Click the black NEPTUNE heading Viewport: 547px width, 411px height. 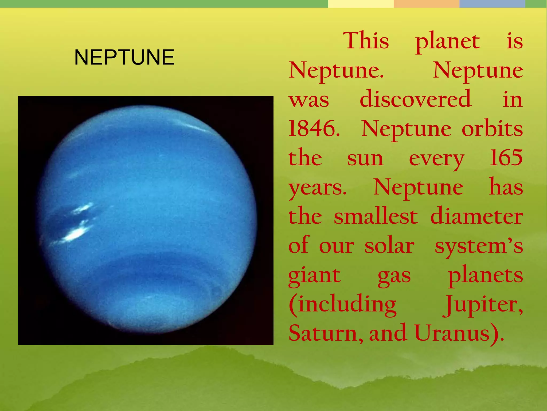pos(124,57)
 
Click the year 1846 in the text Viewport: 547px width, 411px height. pos(314,129)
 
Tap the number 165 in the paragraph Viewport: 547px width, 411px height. pos(506,158)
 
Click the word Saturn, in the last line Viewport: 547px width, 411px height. pos(326,333)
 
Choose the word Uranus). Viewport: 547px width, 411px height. pos(459,333)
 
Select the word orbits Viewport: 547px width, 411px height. pos(492,129)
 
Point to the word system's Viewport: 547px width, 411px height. pos(479,246)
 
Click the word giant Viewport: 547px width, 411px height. pos(315,276)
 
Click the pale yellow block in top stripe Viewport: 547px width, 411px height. pos(361,4)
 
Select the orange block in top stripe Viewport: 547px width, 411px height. pos(426,4)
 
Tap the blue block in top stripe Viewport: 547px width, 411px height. pos(492,4)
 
